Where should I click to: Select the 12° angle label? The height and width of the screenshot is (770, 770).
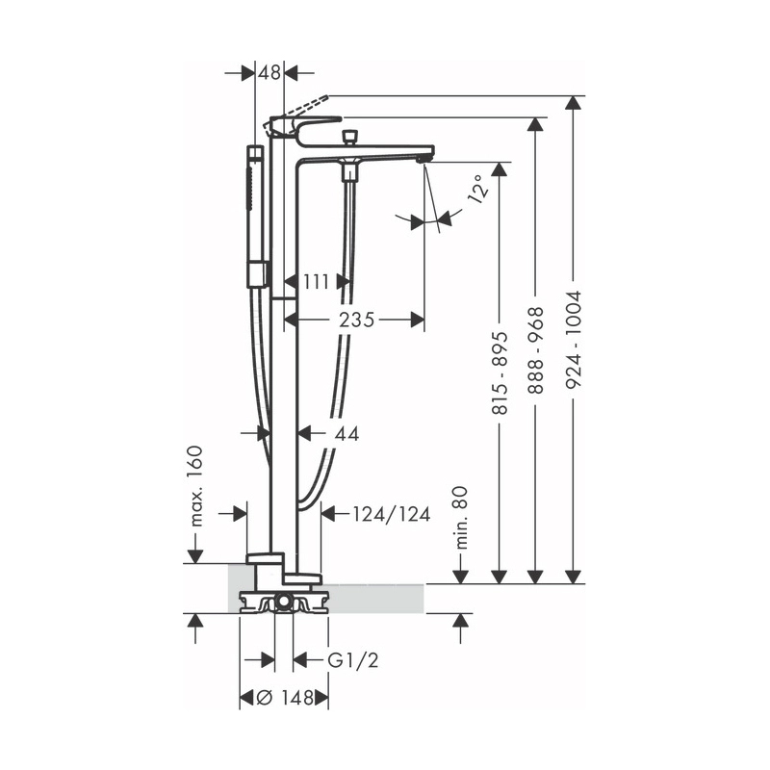point(476,192)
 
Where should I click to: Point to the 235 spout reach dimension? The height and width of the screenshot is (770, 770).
point(357,320)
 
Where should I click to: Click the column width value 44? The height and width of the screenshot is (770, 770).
point(346,434)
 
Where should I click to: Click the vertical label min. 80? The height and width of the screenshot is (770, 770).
point(460,518)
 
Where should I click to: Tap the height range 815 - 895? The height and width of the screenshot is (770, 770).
point(500,367)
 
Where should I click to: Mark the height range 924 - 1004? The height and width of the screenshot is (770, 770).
point(575,342)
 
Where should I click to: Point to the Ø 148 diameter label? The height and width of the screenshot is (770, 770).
point(284,698)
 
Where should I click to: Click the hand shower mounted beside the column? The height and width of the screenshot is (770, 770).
point(255,216)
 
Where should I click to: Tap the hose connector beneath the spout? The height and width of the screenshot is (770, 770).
point(348,172)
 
